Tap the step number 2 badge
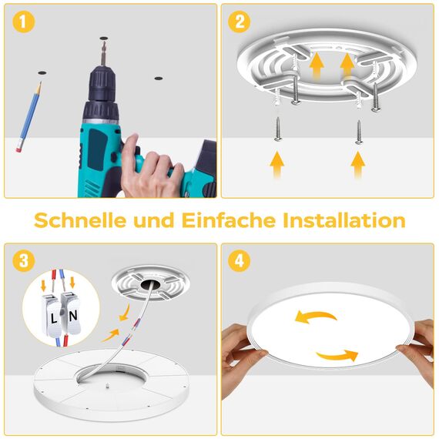click(x=240, y=22)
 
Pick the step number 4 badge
click(x=240, y=262)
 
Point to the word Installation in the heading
click(x=344, y=221)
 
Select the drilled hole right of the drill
click(x=158, y=79)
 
